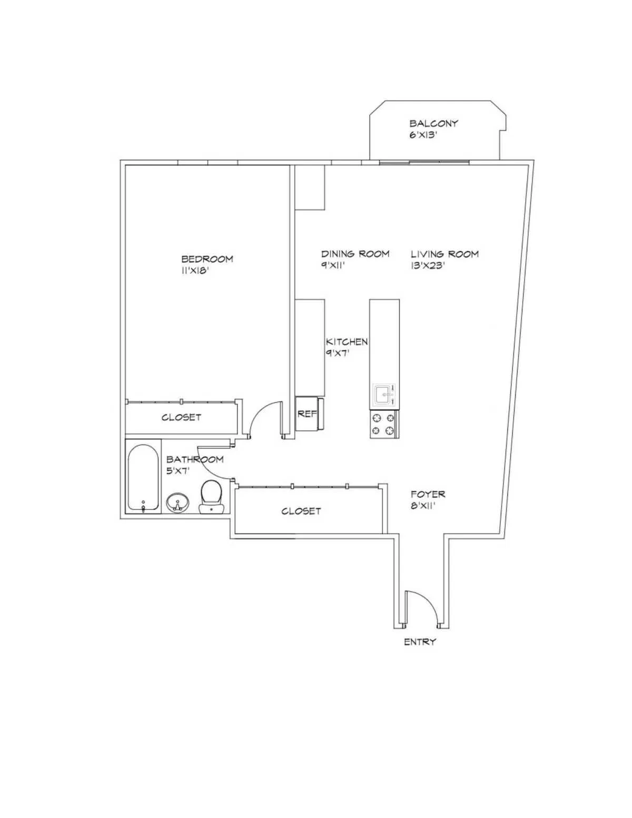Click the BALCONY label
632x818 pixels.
point(433,123)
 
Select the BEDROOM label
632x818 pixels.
point(207,259)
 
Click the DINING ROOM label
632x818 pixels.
point(355,253)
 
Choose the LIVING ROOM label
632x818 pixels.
point(445,254)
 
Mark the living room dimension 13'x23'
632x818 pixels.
point(428,266)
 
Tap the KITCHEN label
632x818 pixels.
point(347,341)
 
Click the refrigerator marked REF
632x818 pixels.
point(308,414)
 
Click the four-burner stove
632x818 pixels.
point(383,425)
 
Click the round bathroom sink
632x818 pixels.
point(178,503)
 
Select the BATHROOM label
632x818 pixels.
point(195,459)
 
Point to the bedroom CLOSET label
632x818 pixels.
point(181,417)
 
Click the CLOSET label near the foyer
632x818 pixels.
point(301,511)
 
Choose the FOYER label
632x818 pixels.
point(428,494)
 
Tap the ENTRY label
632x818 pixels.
point(420,642)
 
